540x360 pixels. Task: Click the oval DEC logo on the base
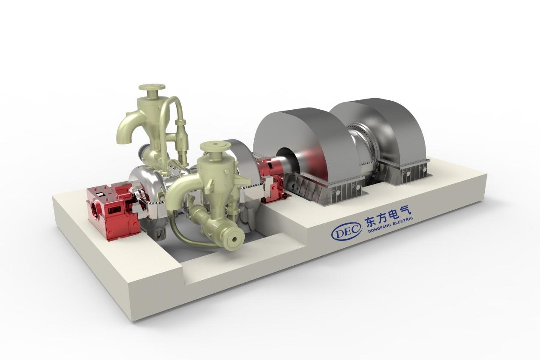pos(347,231)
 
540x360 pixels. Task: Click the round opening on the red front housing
pos(96,208)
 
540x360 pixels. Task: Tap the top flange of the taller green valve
pos(152,87)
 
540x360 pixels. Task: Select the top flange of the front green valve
pos(215,146)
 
